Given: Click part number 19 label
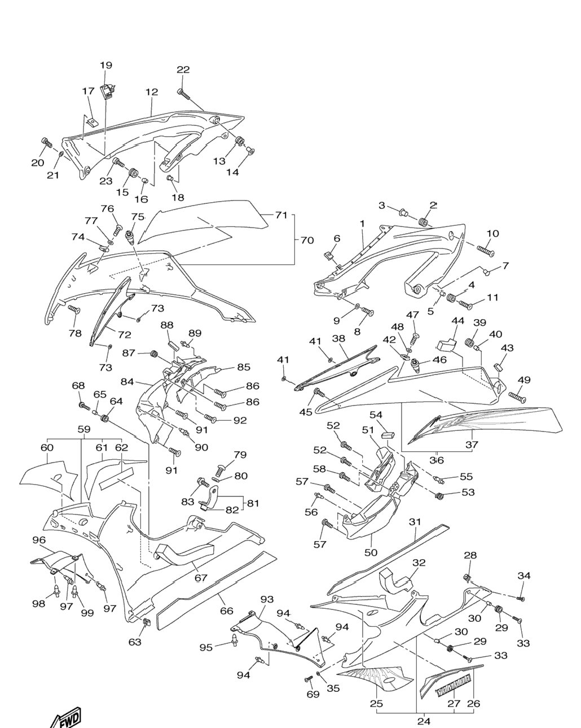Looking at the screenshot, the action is coord(106,65).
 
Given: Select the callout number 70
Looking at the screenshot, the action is coord(307,240).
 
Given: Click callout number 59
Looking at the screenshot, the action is coord(84,429).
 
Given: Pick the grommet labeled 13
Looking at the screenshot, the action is coord(240,141).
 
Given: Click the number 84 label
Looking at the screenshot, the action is coord(127,382).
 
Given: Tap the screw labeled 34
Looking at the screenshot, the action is coord(521,599).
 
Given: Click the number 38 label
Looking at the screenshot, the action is coord(338,338).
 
